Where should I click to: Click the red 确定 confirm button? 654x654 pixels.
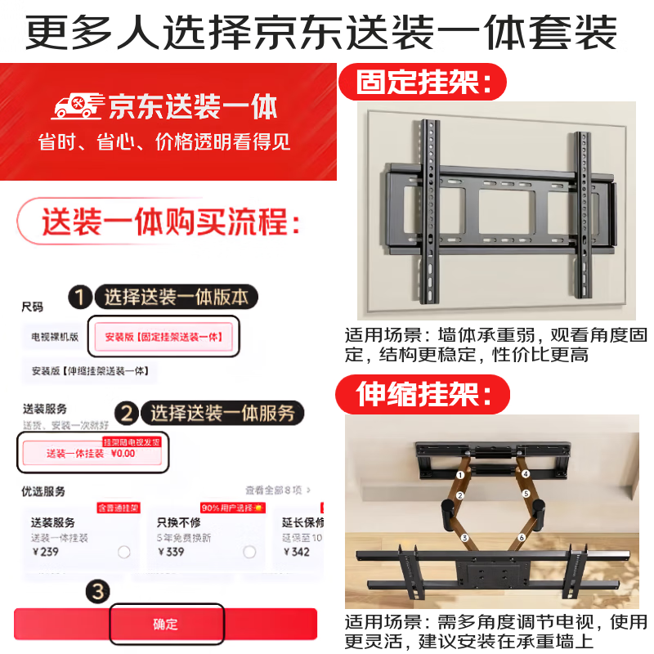(x=165, y=625)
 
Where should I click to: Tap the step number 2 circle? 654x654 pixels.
(x=127, y=414)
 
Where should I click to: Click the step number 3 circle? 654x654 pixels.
(x=97, y=592)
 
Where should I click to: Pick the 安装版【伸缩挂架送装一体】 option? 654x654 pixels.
(x=89, y=370)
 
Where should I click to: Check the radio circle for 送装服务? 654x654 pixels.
(x=123, y=552)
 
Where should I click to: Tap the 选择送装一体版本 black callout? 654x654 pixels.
(x=176, y=297)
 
